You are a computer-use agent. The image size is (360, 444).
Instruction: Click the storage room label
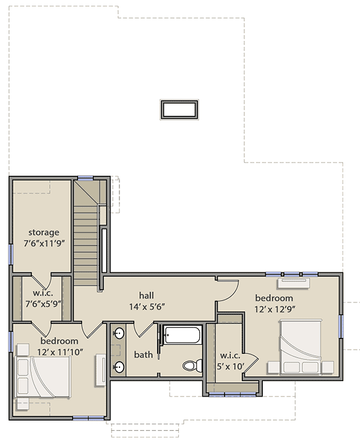coord(43,232)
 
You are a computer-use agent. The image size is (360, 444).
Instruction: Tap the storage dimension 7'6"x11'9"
coord(43,243)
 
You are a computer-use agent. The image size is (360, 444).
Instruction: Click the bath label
coord(143,355)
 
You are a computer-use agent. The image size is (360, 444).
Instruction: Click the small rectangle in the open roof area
coord(179,109)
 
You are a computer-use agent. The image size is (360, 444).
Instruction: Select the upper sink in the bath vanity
coord(119,333)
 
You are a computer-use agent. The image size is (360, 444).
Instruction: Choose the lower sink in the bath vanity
coord(119,367)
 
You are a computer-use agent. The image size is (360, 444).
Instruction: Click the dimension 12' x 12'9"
coord(274,309)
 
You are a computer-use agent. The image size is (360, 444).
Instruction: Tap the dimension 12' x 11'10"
coord(60,352)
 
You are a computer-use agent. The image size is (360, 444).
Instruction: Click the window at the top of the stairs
coord(86,178)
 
